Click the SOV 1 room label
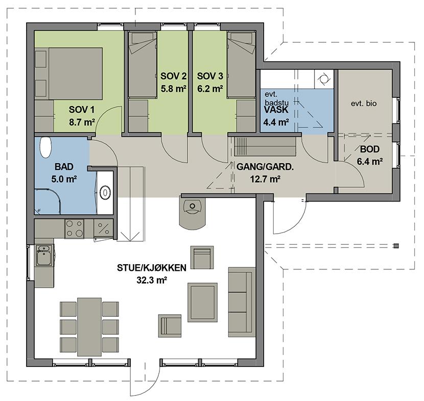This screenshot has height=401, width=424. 81,110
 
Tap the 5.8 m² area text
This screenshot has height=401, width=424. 173,89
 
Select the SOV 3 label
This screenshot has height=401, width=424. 210,76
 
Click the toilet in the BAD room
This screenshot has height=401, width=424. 45,147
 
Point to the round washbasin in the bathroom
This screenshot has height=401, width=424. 105,192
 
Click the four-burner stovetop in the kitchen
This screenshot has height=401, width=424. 75,229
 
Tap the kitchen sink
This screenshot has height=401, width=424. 44,255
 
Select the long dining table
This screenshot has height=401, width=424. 89,327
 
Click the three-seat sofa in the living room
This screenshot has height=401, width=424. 242,302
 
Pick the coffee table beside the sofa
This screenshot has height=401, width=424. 202,302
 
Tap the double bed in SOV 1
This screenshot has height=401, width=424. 76,73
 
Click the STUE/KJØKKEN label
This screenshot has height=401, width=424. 151,268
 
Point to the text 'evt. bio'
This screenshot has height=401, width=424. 364,104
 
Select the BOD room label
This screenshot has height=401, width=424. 370,149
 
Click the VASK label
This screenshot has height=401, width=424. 276,110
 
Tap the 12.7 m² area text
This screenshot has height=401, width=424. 265,179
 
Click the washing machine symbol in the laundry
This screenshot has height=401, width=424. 324,79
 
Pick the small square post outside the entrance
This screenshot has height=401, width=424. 396,246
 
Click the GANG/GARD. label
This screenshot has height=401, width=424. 265,167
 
